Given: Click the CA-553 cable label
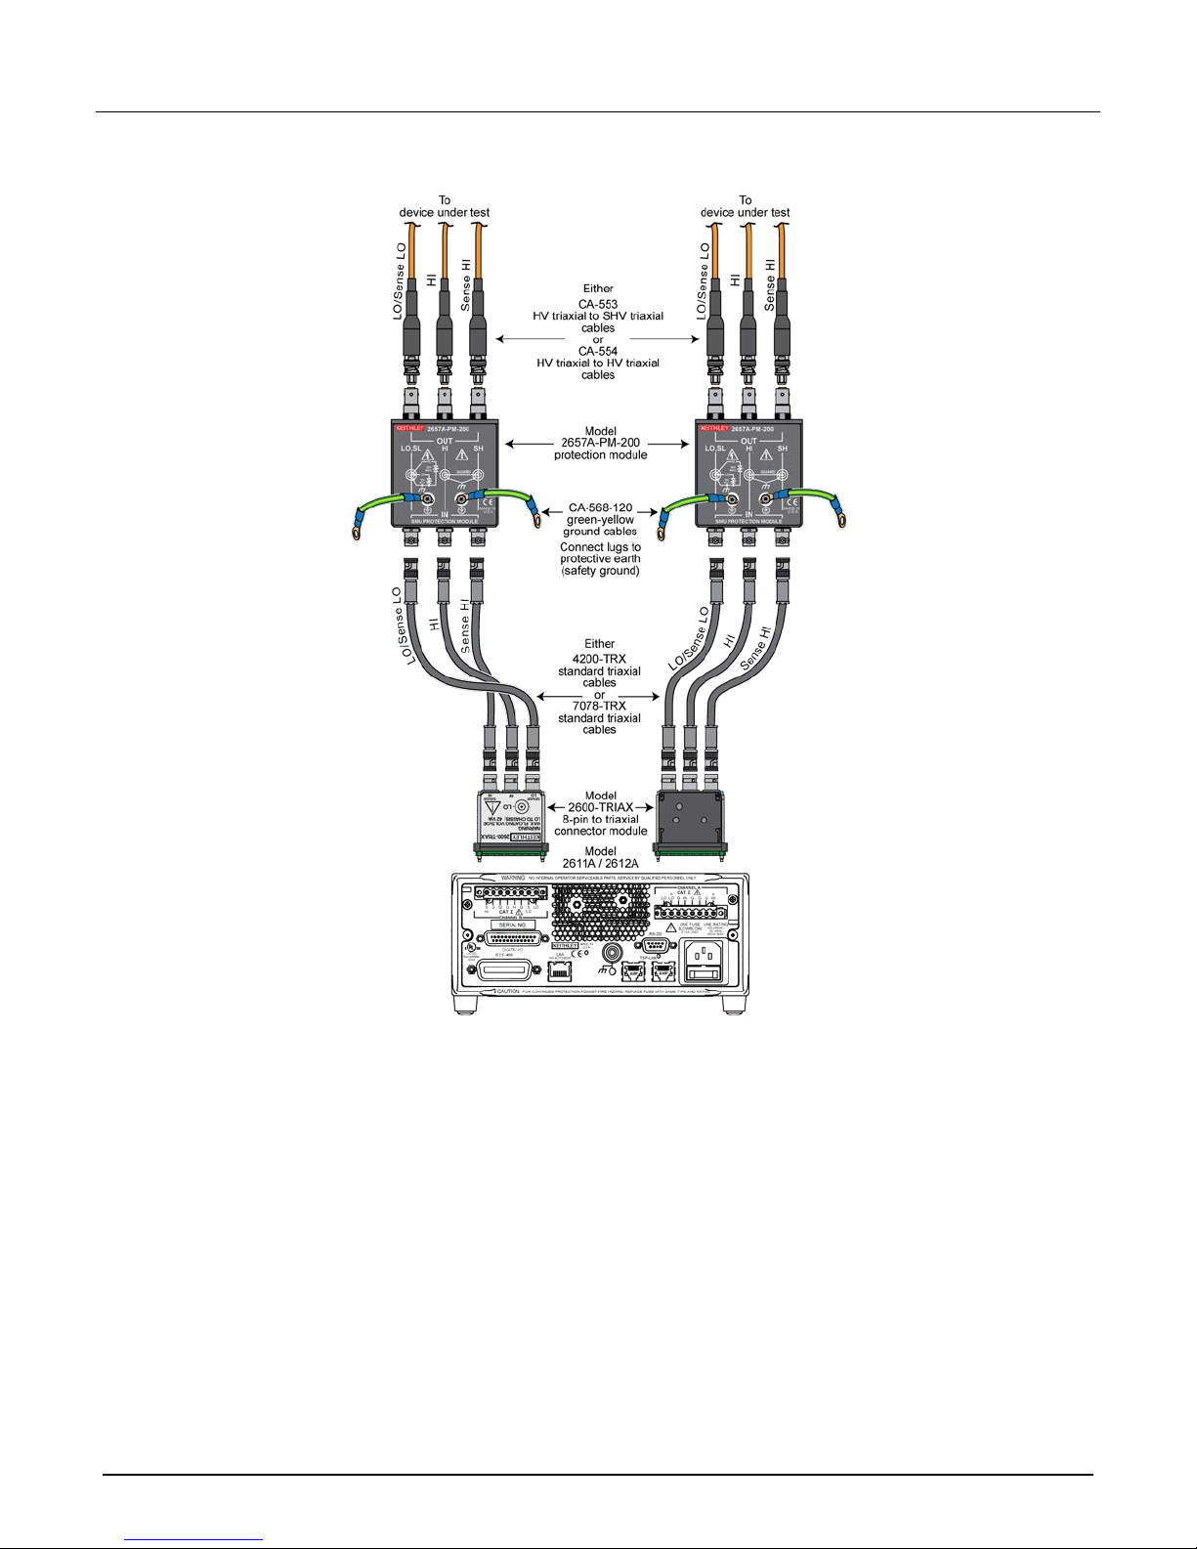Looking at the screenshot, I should coord(598,304).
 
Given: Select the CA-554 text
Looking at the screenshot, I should coord(598,351).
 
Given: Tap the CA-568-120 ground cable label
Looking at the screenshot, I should coord(600,508).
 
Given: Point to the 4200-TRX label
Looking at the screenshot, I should coord(600,659).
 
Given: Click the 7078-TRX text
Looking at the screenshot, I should coord(600,706).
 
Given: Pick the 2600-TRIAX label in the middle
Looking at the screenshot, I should coord(600,807).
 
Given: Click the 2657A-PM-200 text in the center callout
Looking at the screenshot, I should coord(600,443).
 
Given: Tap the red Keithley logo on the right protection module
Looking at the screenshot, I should coord(712,428).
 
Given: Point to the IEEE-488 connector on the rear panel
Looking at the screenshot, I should coord(504,970).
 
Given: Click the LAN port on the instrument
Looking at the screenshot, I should coord(560,970).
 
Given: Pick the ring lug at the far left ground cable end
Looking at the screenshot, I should coord(355,533).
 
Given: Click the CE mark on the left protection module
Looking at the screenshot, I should coord(492,502).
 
